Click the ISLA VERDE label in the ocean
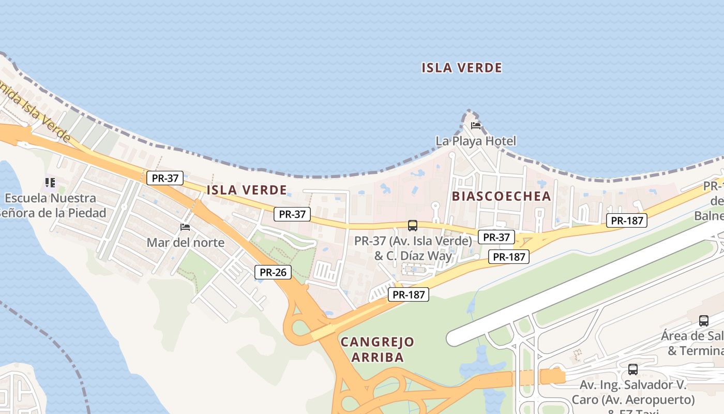coord(462,68)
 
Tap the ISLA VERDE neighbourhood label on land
coord(246,190)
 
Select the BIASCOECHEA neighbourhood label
coord(501,196)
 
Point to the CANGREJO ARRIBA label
coord(378,349)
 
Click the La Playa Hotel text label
coord(476,141)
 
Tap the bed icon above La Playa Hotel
coord(476,125)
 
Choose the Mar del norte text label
coord(185,242)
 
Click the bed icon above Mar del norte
coord(185,227)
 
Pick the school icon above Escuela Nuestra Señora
coord(50,182)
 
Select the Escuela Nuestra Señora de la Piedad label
coord(52,205)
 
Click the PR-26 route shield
coord(273,272)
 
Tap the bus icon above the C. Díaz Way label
coord(412,226)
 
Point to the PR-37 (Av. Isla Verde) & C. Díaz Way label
coord(413,248)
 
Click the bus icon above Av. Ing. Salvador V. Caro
coord(632,369)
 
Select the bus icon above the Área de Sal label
coord(703,320)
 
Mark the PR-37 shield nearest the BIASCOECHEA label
coord(496,238)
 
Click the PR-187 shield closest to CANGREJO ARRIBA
coord(409,295)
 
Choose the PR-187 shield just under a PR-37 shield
coord(509,257)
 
